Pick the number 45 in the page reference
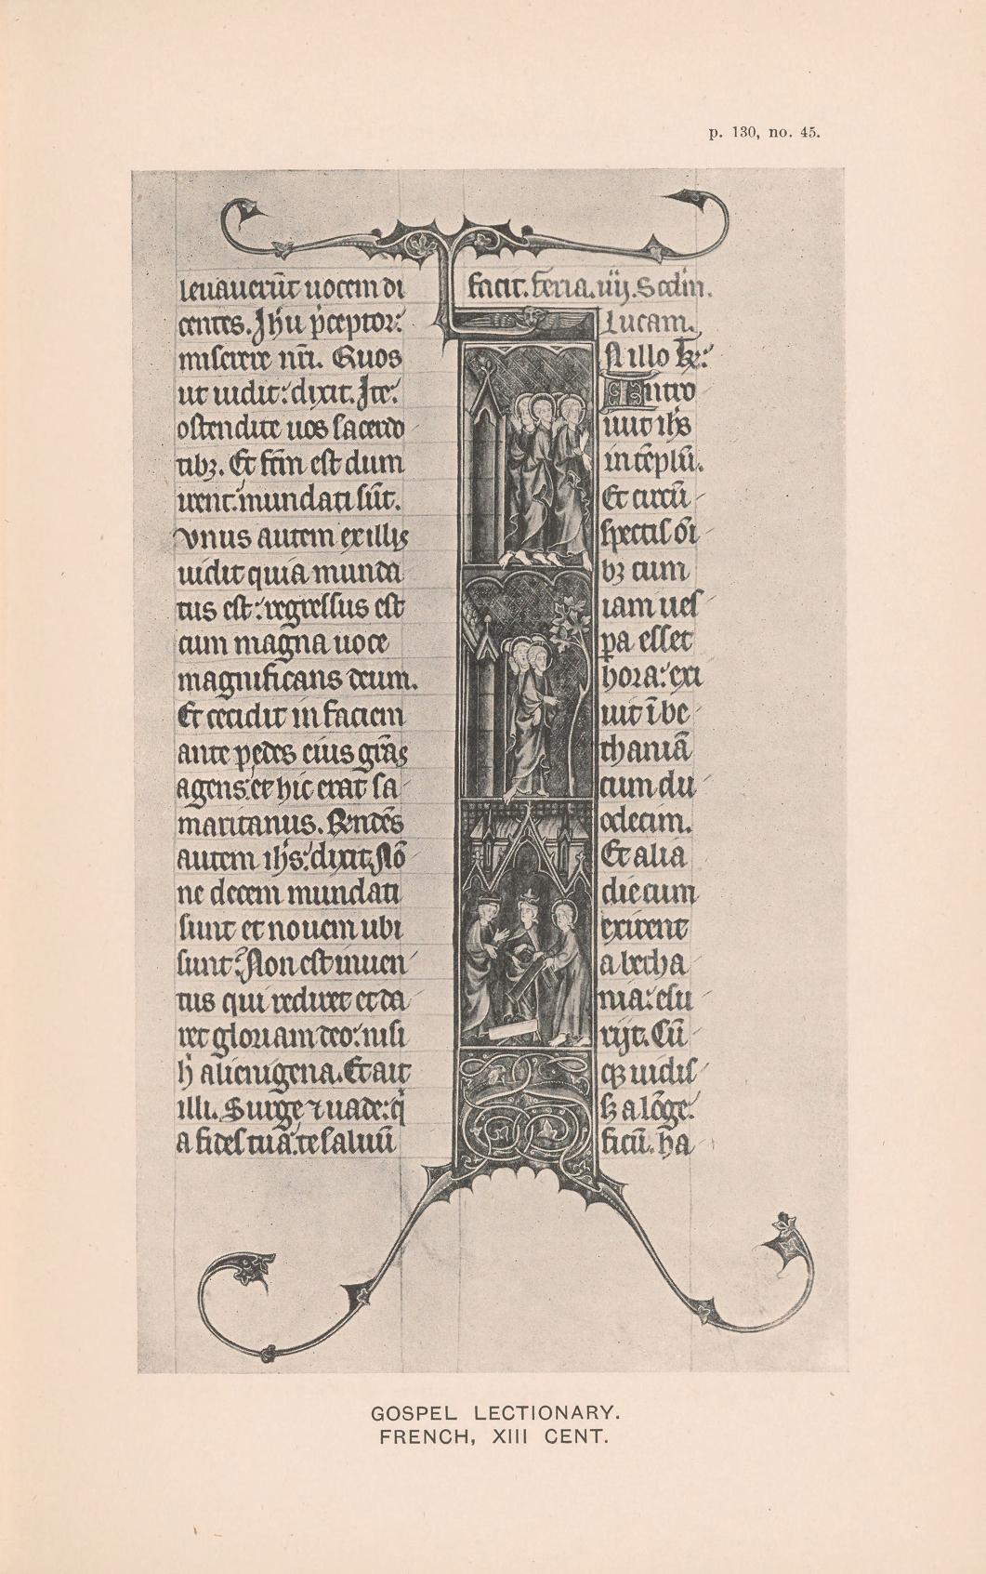pyautogui.click(x=809, y=133)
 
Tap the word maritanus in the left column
pyautogui.click(x=245, y=823)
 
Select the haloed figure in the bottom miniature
pyautogui.click(x=564, y=967)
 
